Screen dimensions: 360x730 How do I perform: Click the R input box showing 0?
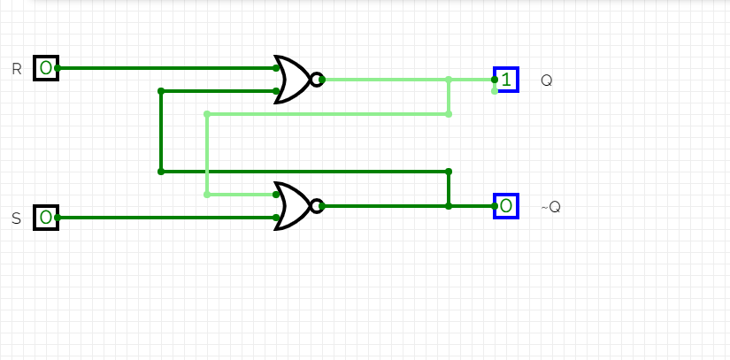[45, 67]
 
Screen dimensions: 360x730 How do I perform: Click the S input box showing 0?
[45, 217]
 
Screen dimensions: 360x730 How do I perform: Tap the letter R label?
[16, 68]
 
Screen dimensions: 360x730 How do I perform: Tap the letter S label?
[16, 218]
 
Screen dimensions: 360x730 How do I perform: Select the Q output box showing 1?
[506, 80]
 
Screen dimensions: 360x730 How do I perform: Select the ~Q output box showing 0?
[506, 206]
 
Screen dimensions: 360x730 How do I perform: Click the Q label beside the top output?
[546, 80]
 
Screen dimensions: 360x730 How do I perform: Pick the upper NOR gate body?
[292, 80]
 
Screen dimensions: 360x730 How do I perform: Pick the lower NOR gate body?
[292, 206]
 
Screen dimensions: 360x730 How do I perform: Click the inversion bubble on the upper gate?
[315, 80]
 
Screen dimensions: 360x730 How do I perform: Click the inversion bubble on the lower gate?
[315, 206]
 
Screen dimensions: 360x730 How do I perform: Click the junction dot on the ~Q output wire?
[449, 206]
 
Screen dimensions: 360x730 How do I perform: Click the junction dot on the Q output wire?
[449, 80]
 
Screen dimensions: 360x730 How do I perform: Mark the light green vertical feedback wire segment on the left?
[206, 155]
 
